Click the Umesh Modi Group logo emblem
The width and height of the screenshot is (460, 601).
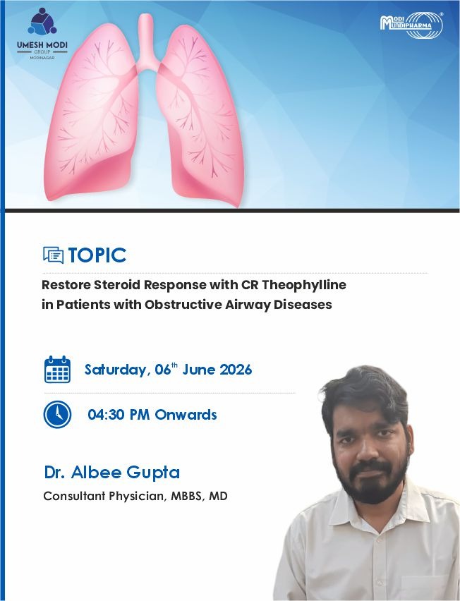42,21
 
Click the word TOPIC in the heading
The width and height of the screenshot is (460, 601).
97,255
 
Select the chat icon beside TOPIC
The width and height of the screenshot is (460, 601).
54,255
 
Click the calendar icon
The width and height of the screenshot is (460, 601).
58,369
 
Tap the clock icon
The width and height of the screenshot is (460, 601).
58,414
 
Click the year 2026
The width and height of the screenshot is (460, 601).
236,370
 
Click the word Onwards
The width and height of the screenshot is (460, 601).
186,414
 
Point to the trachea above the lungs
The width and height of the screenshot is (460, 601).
145,42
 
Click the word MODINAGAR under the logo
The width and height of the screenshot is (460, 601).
42,58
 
